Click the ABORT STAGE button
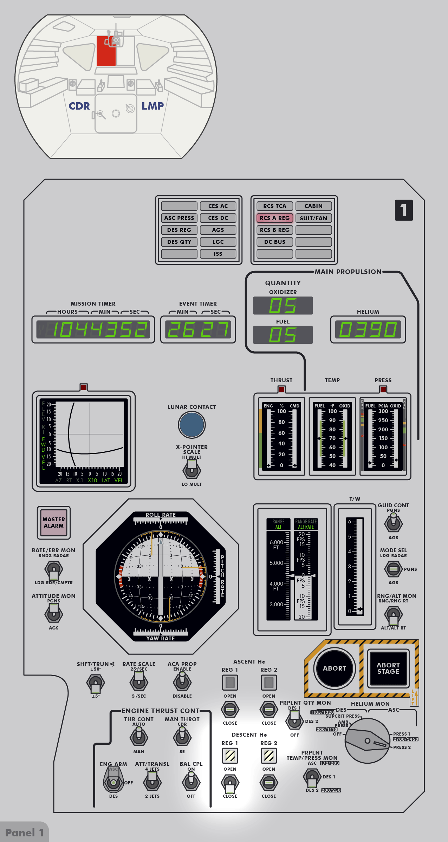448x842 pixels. [388, 668]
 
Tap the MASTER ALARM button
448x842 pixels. [54, 522]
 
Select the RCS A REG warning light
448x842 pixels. [275, 218]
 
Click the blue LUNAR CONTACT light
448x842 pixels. [191, 424]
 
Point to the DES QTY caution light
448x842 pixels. [179, 242]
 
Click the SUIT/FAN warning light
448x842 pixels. [313, 218]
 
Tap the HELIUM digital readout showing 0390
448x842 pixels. [368, 329]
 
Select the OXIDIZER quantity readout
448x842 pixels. [283, 306]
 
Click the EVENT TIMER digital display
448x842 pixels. [198, 329]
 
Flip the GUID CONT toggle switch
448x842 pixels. [393, 523]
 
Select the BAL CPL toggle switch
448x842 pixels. [191, 782]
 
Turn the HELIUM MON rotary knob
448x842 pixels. [368, 741]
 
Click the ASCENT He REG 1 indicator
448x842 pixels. [230, 683]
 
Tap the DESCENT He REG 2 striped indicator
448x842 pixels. [269, 756]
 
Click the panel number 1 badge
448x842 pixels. [404, 210]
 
